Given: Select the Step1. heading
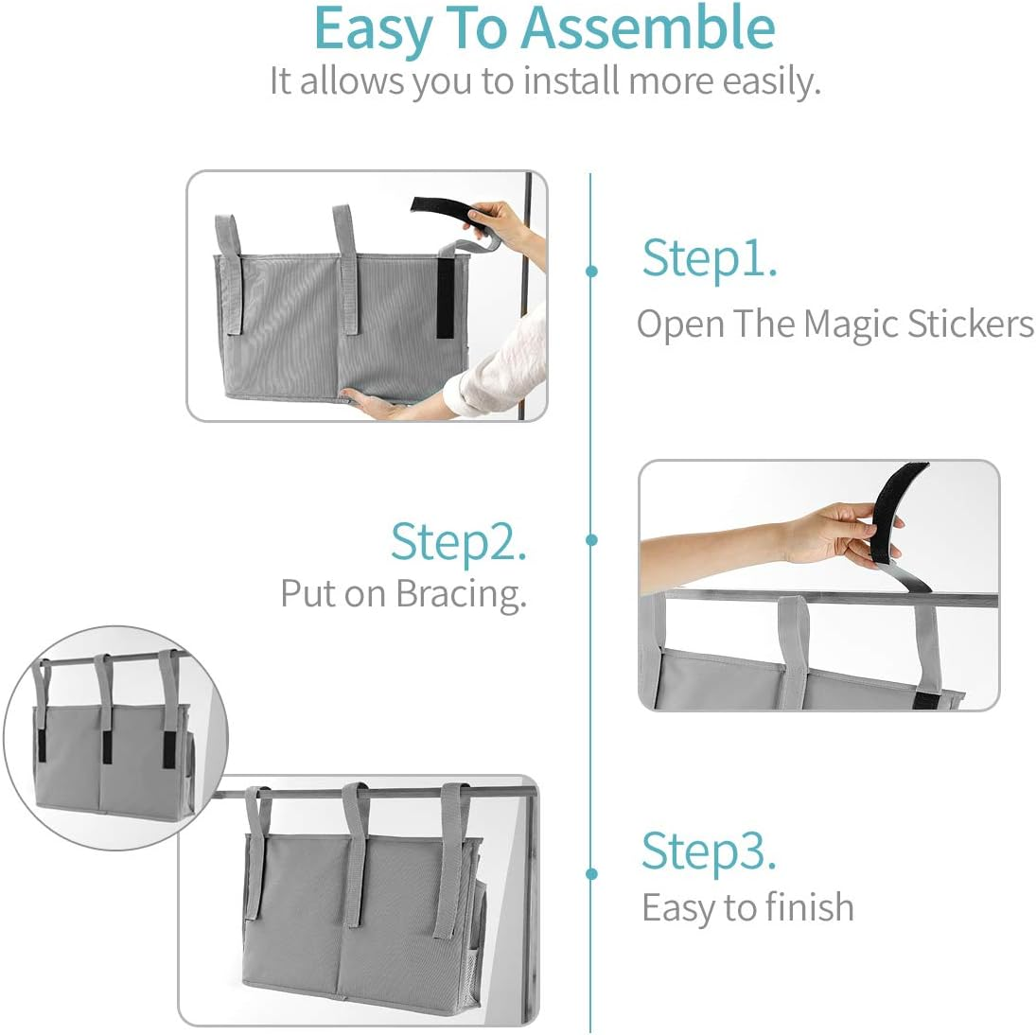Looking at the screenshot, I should click(x=710, y=257).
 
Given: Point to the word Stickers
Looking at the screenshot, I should click(x=970, y=325).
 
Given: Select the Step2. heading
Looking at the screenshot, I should click(x=458, y=542).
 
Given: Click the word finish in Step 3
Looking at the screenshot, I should click(x=809, y=908).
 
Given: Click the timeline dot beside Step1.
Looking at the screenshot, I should click(x=592, y=272).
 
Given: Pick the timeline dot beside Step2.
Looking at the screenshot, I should click(x=592, y=540).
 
